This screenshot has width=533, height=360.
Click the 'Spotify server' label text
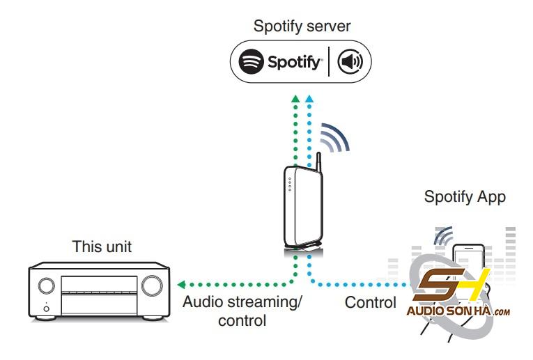point(302,26)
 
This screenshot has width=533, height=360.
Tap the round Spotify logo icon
point(252,61)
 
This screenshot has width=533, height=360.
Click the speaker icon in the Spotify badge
point(350,61)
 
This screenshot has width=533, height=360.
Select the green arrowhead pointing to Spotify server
point(295,99)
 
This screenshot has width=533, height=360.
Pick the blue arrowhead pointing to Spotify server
point(309,99)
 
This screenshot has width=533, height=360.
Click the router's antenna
point(318,162)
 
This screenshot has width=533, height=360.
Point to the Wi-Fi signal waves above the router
point(334,137)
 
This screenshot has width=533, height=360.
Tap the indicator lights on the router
point(290,184)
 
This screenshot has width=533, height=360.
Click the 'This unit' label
point(102,246)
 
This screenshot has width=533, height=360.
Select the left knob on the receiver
point(46,285)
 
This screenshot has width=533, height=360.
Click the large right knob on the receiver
point(152,285)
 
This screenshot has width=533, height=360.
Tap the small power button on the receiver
point(46,308)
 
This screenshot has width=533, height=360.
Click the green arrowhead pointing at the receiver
point(181,285)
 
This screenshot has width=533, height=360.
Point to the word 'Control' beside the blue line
point(371,302)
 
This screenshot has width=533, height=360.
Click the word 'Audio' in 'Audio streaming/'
point(201,302)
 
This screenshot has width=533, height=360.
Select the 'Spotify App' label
point(465,197)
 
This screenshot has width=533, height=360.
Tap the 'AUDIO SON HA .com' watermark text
point(458,311)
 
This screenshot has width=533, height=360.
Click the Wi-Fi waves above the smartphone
point(443,235)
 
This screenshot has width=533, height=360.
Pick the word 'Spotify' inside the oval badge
point(294,63)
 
